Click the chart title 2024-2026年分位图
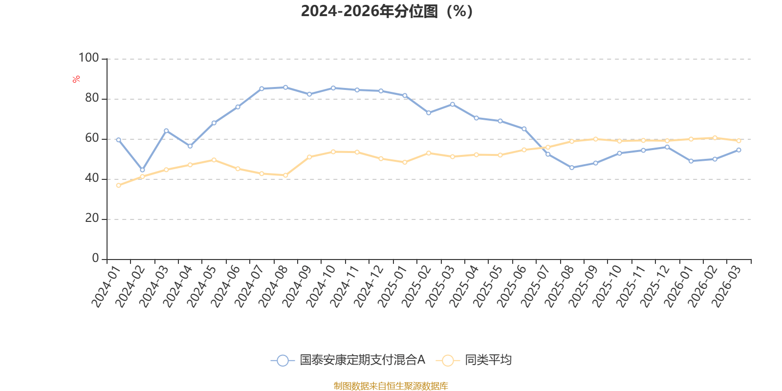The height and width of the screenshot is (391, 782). coord(386,11)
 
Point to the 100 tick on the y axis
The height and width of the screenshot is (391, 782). coord(88,58)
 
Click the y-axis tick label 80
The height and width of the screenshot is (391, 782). coord(92,98)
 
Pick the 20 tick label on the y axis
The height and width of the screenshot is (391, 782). coord(92,218)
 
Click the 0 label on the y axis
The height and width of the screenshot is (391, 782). coord(95,259)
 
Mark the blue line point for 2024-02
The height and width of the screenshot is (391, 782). coord(142,170)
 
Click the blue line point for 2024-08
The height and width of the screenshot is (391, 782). coord(285,87)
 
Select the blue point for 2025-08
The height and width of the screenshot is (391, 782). coord(571,168)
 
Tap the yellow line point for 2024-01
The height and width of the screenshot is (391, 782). coord(118,185)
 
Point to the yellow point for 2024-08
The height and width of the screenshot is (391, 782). coord(285,175)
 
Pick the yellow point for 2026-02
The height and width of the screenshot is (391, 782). coord(715,138)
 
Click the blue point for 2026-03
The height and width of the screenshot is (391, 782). coord(739,150)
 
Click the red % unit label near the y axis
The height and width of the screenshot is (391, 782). coord(76,79)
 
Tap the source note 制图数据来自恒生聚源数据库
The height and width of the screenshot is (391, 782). coord(391,386)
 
